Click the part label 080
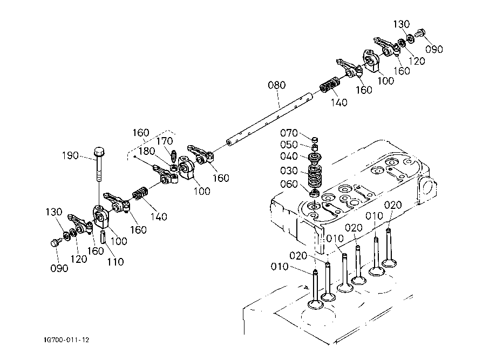coord(276,85)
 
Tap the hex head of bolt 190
coord(99,152)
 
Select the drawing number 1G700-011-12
coord(67,340)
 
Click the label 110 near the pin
coord(115,262)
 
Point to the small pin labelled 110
coord(103,237)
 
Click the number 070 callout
coord(289,133)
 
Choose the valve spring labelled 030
coord(314,177)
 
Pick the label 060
coord(289,184)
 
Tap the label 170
coord(165,141)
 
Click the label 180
coord(147,151)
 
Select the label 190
coord(70,155)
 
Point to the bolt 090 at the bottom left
coord(56,243)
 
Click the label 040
coord(289,157)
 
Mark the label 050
coord(289,145)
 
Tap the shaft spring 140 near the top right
coord(330,84)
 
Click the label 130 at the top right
coord(402,24)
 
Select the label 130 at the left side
coord(54,212)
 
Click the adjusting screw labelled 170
coord(173,155)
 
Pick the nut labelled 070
coord(315,140)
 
